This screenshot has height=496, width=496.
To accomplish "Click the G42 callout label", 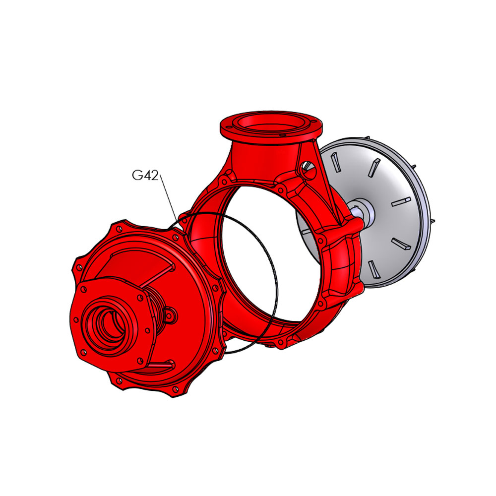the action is coord(145,175).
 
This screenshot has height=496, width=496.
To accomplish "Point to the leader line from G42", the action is coord(168,198).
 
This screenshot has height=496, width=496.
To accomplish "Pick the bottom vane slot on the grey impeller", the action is coord(373,269).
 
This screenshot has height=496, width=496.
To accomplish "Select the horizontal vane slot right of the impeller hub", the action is coord(401,201).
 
